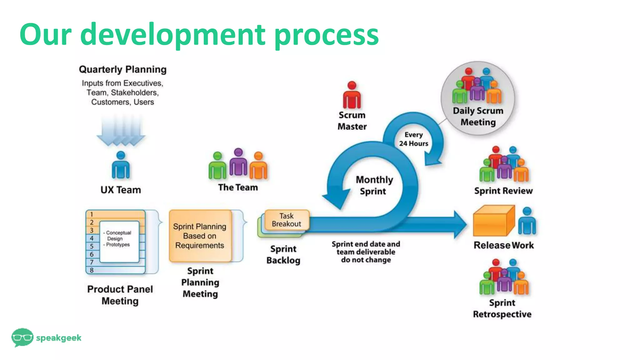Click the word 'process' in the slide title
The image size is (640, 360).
(326, 35)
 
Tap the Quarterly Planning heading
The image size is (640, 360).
(122, 69)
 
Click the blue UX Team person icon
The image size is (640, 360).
(121, 166)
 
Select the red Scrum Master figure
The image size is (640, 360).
(352, 96)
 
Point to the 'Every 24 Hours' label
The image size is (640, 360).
(413, 139)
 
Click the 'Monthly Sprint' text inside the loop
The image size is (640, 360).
(374, 185)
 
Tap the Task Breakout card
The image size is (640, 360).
(287, 220)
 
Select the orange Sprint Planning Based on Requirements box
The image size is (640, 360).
(200, 236)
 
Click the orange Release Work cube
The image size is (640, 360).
(493, 221)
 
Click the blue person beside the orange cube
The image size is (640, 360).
(527, 221)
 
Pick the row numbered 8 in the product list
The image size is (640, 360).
(116, 270)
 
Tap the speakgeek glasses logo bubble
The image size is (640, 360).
(22, 337)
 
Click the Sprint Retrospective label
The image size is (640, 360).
(502, 308)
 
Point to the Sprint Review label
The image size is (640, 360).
(503, 191)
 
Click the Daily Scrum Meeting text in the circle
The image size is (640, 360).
(478, 116)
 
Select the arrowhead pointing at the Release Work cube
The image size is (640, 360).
(460, 224)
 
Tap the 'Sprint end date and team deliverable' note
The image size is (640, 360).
(366, 252)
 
